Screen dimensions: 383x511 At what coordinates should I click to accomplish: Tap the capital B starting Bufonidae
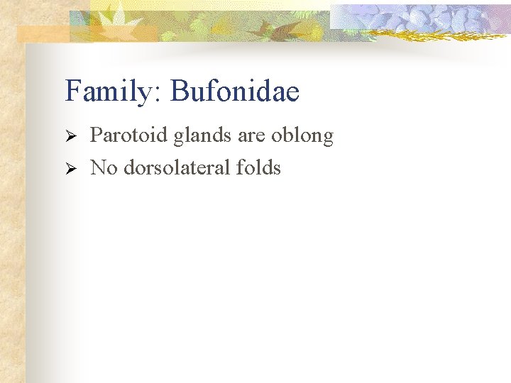click(180, 91)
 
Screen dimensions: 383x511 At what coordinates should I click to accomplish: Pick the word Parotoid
click(128, 135)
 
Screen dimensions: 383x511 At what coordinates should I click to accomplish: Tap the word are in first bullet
click(251, 136)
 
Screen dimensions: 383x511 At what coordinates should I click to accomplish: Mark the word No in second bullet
click(104, 168)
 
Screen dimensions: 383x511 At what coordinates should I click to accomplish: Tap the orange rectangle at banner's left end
click(43, 33)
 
